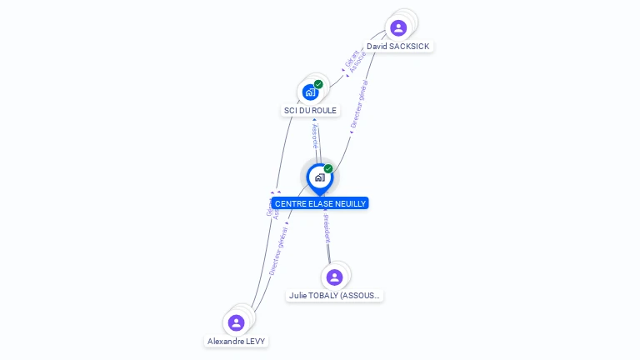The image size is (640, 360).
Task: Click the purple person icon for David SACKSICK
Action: pyautogui.click(x=398, y=27)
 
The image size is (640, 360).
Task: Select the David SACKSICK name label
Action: pyautogui.click(x=398, y=47)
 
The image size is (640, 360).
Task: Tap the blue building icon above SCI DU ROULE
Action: pyautogui.click(x=310, y=92)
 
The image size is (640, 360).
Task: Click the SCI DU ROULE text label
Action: pyautogui.click(x=310, y=110)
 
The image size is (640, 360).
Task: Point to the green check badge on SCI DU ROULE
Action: pyautogui.click(x=318, y=84)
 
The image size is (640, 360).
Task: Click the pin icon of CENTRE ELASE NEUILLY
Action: pyautogui.click(x=319, y=177)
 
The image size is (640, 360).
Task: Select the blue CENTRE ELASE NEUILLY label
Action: pyautogui.click(x=320, y=203)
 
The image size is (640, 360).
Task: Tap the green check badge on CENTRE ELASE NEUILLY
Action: pyautogui.click(x=328, y=169)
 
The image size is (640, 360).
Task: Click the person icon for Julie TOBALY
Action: pyautogui.click(x=334, y=277)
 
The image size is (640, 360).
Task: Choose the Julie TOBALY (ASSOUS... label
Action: pyautogui.click(x=335, y=295)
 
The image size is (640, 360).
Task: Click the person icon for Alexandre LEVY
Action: pyautogui.click(x=236, y=322)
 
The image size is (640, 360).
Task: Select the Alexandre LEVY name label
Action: pyautogui.click(x=237, y=341)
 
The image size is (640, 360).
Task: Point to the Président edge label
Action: pyautogui.click(x=327, y=227)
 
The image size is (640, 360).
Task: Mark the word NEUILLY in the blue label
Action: pyautogui.click(x=349, y=203)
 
